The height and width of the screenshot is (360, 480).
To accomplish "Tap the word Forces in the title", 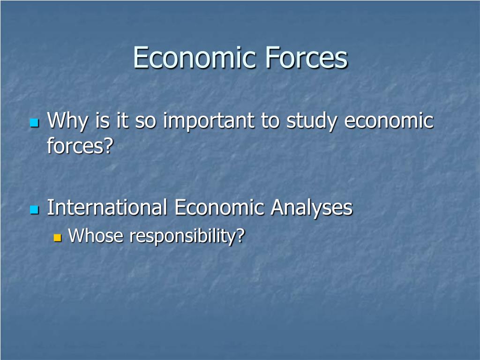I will [x=307, y=58].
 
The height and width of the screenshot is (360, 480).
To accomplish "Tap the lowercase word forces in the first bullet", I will [x=75, y=146].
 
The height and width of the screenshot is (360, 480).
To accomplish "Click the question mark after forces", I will [x=109, y=146].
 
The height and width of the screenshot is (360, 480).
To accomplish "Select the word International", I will [x=107, y=207].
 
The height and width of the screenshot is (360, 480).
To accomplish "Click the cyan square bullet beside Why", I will [x=34, y=123].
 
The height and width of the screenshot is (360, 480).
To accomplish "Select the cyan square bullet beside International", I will [x=34, y=209].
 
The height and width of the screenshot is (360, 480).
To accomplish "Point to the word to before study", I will [x=270, y=121].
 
